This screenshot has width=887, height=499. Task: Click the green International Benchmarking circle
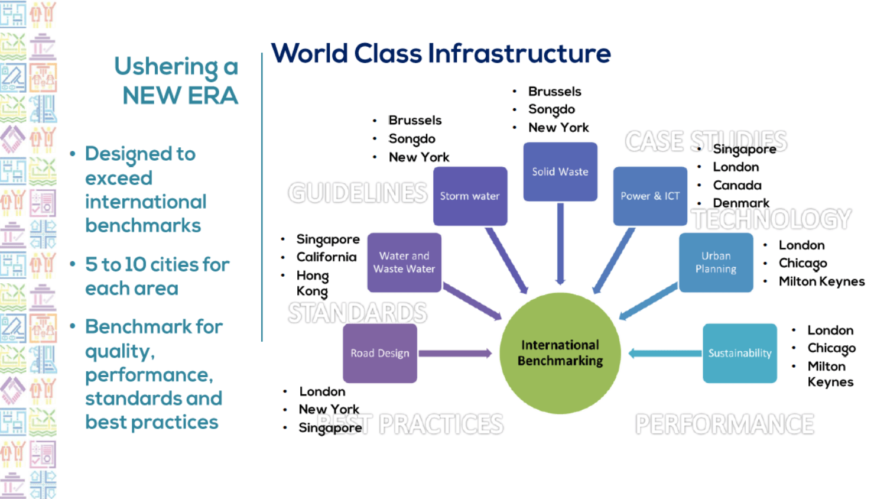560,353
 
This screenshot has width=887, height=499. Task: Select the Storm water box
470,196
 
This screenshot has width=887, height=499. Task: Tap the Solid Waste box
560,171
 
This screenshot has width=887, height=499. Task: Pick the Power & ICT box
649,196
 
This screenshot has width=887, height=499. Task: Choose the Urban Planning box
716,262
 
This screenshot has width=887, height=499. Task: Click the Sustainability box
739,353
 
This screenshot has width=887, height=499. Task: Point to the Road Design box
379,353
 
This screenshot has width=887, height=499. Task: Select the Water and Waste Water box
404,262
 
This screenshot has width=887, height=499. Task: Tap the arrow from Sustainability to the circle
665,354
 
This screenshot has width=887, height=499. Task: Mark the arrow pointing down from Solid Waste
560,242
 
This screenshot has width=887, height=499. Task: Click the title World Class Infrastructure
441,53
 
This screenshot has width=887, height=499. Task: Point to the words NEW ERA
180,95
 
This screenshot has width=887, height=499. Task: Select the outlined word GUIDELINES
358,193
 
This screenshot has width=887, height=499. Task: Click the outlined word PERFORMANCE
724,424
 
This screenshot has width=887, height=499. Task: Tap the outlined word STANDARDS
358,313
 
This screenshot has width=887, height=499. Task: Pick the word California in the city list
326,257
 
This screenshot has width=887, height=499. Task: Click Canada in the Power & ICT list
737,185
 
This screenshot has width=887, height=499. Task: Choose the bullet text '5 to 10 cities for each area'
157,276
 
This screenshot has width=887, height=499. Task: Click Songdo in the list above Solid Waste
551,109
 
